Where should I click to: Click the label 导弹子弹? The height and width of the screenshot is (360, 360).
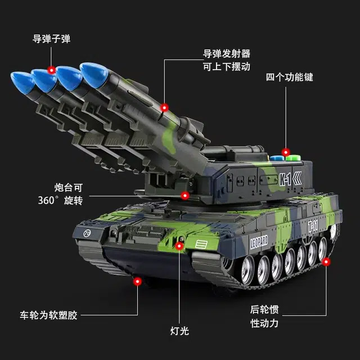(x=51, y=39)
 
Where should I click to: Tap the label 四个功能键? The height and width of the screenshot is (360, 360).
(x=290, y=77)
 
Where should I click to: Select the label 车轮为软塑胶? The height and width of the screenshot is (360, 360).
(x=48, y=315)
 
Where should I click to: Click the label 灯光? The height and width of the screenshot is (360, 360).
(x=179, y=331)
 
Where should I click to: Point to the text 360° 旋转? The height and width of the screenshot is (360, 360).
(x=60, y=200)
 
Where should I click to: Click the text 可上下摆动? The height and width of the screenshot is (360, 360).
(x=226, y=66)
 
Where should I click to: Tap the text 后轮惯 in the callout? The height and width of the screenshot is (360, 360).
(x=264, y=309)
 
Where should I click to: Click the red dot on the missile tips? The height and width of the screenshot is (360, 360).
(x=52, y=70)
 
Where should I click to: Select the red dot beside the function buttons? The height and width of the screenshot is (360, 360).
(x=286, y=152)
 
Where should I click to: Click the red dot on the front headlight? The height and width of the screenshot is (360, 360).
(x=179, y=246)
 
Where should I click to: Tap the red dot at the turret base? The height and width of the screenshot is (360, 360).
(x=185, y=196)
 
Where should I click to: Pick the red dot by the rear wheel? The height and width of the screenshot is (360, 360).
(x=326, y=262)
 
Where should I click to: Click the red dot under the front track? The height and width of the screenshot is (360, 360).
(x=137, y=281)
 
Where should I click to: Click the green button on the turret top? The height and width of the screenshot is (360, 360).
(x=293, y=157)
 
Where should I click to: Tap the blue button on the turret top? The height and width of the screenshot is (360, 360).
(x=277, y=158)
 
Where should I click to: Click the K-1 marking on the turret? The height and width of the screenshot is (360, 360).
(x=285, y=179)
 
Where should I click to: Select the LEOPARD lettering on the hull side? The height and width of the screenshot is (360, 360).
(x=259, y=242)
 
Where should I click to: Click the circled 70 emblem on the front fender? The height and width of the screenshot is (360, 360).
(x=87, y=233)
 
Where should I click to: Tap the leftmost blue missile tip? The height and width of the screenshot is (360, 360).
(x=22, y=82)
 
